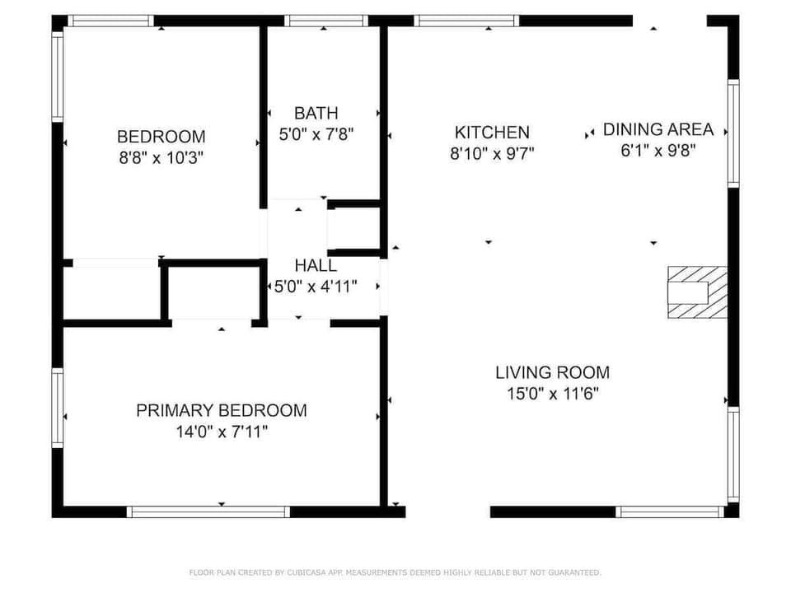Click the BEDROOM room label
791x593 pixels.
(161, 137)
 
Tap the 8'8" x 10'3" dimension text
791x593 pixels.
(161, 156)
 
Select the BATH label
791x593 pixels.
(316, 113)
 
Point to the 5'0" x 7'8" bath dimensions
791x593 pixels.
(316, 133)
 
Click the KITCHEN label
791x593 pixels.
(492, 132)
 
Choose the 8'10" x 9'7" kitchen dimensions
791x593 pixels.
(492, 152)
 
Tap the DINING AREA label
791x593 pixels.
(658, 129)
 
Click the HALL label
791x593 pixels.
(316, 266)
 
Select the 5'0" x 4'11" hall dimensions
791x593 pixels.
(316, 286)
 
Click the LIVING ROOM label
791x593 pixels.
(552, 372)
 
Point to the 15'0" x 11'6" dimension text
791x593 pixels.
(552, 393)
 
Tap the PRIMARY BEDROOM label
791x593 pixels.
(221, 410)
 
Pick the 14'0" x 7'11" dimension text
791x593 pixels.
(221, 431)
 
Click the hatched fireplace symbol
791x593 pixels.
(697, 292)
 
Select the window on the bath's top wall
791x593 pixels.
(325, 21)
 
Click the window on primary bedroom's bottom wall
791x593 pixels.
(208, 511)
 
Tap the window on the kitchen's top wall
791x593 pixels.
(466, 21)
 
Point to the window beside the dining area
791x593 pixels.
(732, 133)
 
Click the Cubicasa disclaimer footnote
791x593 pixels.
(395, 572)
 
